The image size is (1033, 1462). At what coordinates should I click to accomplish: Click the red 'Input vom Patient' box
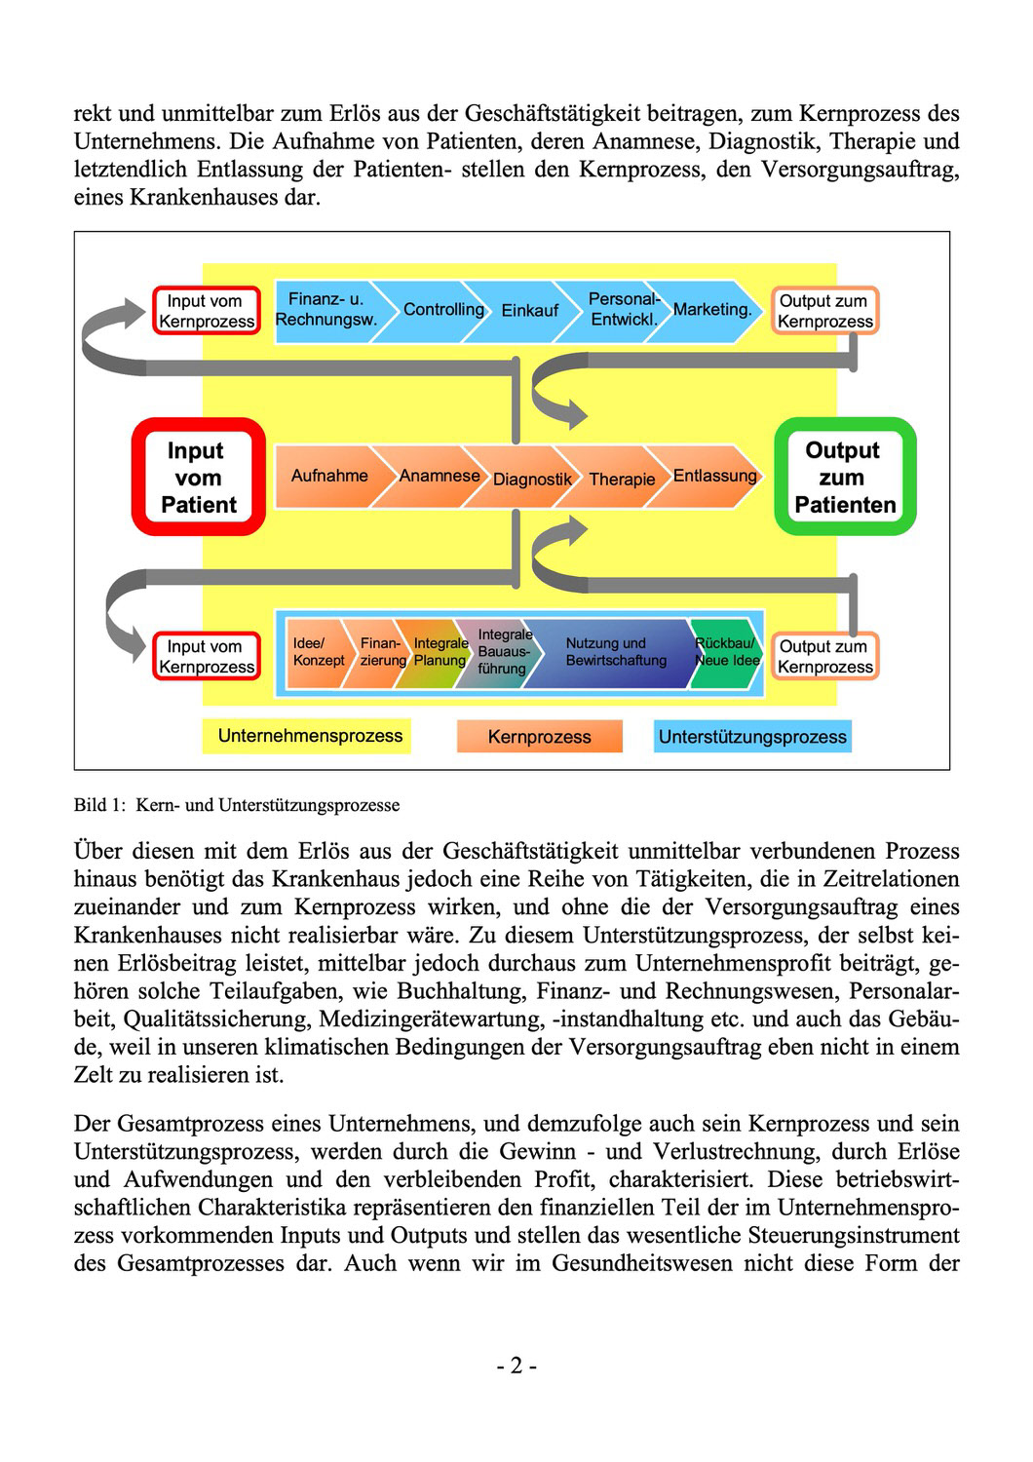[x=199, y=477]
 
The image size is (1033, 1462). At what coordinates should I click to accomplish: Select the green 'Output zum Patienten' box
[x=844, y=477]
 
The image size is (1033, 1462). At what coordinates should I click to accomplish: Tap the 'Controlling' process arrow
[x=443, y=310]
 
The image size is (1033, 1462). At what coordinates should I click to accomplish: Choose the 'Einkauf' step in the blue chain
[x=530, y=311]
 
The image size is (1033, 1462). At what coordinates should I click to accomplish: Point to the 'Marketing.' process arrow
[x=712, y=310]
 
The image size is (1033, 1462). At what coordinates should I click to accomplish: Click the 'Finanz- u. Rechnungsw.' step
[x=325, y=310]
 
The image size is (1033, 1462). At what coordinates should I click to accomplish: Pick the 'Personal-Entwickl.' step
[x=624, y=310]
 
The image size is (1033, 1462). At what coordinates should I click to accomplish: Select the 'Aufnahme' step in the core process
[x=329, y=476]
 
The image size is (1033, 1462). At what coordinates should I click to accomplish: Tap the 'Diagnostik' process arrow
[x=532, y=479]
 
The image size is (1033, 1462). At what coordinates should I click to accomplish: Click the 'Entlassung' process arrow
[x=714, y=476]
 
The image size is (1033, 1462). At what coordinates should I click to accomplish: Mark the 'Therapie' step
[x=622, y=479]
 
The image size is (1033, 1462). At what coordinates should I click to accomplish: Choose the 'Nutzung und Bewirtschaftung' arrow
[x=616, y=652]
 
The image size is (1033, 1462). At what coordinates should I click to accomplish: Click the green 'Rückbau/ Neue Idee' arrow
[x=727, y=652]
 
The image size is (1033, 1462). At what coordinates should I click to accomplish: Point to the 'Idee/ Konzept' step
[x=318, y=652]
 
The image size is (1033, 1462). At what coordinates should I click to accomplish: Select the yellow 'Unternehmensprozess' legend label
[x=310, y=736]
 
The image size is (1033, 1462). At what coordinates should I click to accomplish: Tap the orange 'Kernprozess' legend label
[x=539, y=737]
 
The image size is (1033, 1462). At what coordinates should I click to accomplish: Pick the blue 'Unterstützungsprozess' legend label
[x=752, y=737]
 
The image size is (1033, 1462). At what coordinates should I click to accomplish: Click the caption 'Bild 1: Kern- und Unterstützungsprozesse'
[x=237, y=805]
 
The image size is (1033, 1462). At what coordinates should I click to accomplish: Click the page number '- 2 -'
[x=516, y=1366]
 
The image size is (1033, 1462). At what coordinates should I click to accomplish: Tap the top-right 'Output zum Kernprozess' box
[x=824, y=311]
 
